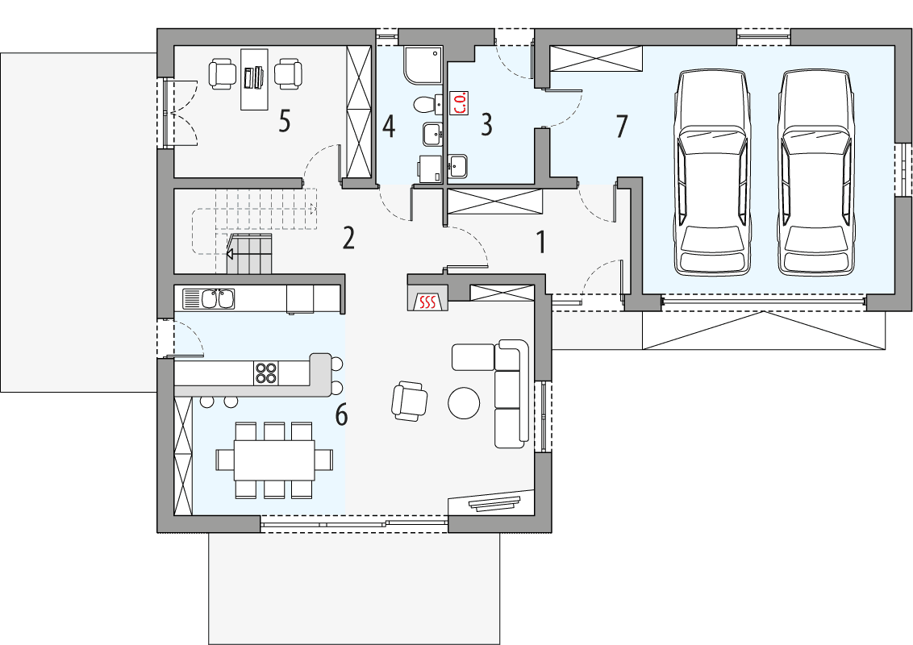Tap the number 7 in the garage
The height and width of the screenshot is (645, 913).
(621, 126)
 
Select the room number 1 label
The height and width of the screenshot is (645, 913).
(541, 241)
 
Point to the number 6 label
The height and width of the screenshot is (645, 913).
(341, 415)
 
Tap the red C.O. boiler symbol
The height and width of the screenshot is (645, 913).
(458, 104)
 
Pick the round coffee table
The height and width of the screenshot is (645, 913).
(465, 403)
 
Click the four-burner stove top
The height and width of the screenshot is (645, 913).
(266, 372)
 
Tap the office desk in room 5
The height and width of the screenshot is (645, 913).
(254, 78)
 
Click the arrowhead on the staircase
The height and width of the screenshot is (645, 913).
(230, 255)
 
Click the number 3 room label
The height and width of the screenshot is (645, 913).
(486, 124)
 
